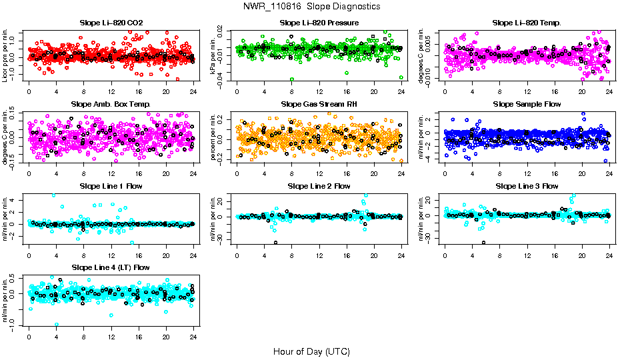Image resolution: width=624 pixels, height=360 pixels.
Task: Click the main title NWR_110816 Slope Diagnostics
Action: [x=312, y=6]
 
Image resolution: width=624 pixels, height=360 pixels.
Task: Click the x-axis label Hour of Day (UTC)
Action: [x=311, y=351]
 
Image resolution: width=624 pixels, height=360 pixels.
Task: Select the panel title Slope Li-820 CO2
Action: [x=111, y=23]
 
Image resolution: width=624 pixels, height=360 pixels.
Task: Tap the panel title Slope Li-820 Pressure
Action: [x=319, y=23]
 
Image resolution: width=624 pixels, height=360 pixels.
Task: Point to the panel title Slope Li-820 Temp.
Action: [x=527, y=23]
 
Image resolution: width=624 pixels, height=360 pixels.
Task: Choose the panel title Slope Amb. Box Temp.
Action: [x=111, y=105]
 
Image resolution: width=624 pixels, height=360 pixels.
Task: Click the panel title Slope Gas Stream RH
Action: [x=319, y=105]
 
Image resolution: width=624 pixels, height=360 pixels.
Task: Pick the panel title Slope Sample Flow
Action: [x=527, y=105]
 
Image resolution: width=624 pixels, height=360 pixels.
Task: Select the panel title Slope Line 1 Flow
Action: [x=111, y=186]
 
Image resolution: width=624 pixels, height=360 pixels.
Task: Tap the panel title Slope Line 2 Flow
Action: [x=319, y=186]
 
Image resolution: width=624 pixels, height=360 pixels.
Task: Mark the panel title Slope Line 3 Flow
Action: [x=527, y=186]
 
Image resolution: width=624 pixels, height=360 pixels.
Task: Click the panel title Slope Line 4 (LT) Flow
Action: [x=111, y=268]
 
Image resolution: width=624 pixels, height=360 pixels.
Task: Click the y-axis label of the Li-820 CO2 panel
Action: [x=5, y=55]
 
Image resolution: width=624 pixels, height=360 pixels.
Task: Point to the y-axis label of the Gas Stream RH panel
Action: [x=213, y=137]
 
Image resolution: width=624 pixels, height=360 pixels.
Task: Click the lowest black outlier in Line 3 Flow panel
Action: [x=483, y=243]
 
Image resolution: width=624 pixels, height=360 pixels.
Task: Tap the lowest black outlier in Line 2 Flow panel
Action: [x=275, y=243]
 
